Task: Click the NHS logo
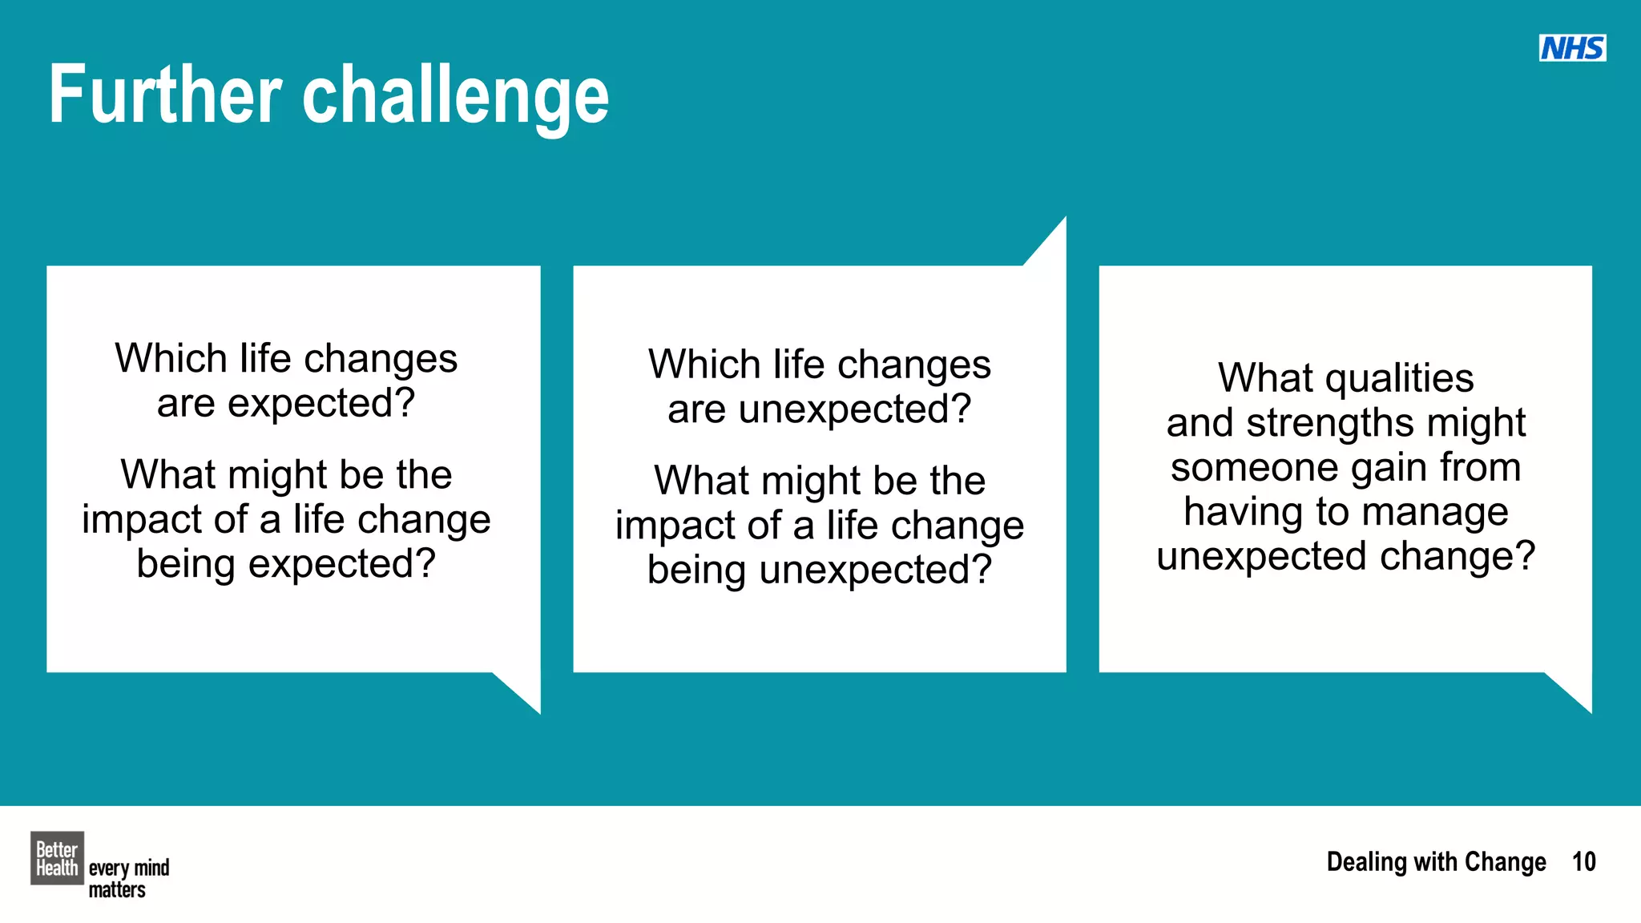1572,48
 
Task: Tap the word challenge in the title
455,98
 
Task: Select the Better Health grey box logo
57,858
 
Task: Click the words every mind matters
128,878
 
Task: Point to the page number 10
1583,862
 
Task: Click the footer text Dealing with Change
1436,862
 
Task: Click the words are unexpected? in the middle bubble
819,409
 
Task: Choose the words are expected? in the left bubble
286,403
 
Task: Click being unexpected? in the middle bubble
819,570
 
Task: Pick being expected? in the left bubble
286,563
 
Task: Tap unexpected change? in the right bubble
1345,556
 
